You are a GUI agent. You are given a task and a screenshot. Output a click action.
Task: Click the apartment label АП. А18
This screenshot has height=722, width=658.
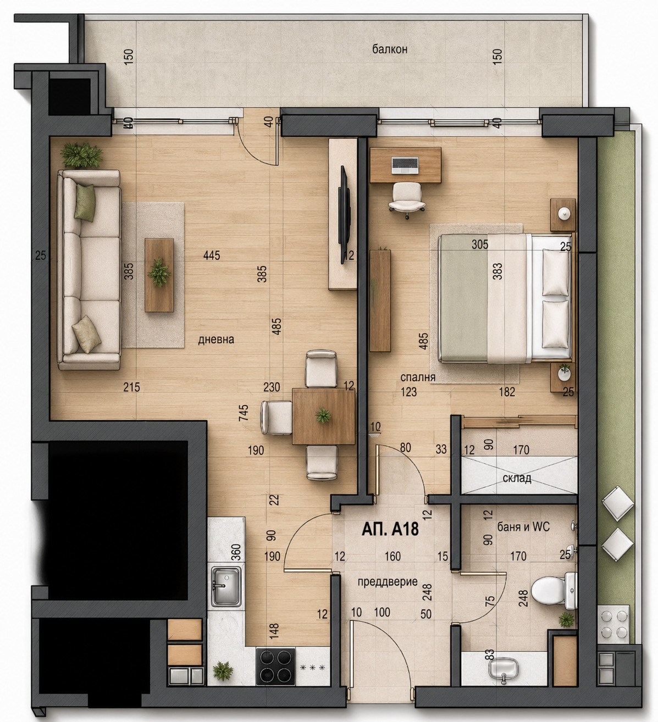[x=390, y=529]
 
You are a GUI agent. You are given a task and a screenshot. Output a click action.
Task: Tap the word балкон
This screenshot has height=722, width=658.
[x=389, y=49]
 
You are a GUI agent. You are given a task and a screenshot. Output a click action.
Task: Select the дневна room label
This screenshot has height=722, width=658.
[x=216, y=340]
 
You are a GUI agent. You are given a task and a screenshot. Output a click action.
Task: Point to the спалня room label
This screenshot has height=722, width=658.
[x=418, y=377]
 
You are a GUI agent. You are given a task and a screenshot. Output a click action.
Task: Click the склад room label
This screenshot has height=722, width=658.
[x=517, y=479]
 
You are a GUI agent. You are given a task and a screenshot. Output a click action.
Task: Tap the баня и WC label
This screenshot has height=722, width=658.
[x=523, y=527]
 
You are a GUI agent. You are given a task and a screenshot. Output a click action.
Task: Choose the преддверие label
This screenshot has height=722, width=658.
[x=388, y=582]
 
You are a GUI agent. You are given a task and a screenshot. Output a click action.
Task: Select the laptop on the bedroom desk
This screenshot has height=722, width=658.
[x=405, y=164]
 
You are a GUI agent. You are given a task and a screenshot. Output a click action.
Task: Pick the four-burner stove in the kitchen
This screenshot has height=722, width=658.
[x=276, y=666]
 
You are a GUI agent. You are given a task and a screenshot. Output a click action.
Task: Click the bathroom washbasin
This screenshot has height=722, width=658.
[x=503, y=668]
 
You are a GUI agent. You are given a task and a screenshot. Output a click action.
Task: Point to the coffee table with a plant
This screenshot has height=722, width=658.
[x=159, y=275]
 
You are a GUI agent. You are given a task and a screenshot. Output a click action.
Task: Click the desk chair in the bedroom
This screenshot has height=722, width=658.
[x=406, y=199]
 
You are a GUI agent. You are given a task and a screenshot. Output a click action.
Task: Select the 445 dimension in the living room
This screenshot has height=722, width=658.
[x=212, y=256]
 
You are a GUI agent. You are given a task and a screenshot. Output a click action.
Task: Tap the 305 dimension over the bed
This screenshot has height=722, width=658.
[x=480, y=245]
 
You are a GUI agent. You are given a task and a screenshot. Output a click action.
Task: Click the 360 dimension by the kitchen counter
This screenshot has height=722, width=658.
[x=236, y=551]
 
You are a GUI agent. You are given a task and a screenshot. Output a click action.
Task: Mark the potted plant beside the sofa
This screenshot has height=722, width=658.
[x=82, y=154]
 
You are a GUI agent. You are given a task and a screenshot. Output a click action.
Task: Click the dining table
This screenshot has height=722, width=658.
[x=323, y=416]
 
